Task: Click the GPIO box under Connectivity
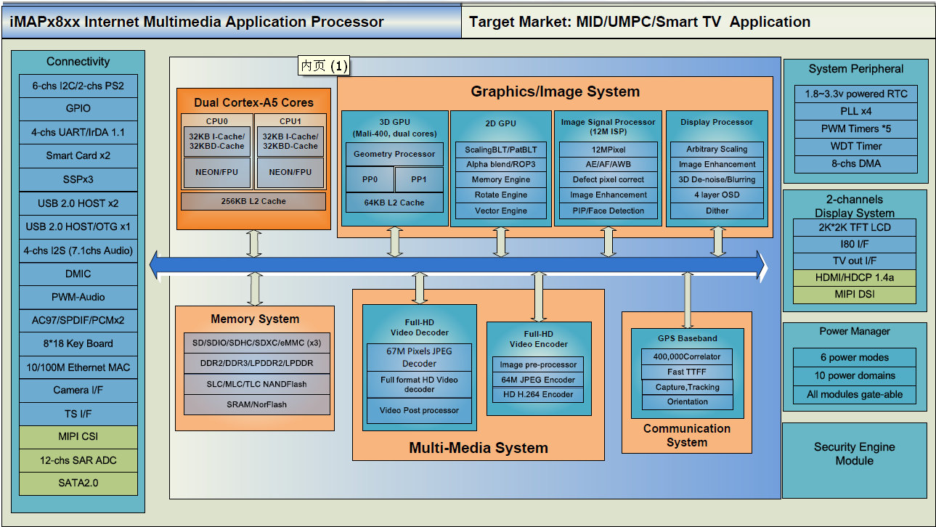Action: (x=78, y=109)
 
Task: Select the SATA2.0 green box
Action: (x=78, y=483)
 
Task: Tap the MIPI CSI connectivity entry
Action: (x=78, y=437)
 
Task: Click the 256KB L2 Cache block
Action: (x=253, y=201)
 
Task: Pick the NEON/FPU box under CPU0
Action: (x=216, y=172)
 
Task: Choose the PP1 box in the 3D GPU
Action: (x=419, y=179)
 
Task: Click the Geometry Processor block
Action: (x=394, y=154)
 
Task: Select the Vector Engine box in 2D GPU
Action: (x=500, y=211)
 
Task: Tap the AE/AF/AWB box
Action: (x=609, y=165)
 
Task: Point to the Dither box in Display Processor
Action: (x=717, y=211)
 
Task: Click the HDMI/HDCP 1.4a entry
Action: (x=855, y=278)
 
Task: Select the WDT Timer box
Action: (x=856, y=146)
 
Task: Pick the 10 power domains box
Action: (x=855, y=376)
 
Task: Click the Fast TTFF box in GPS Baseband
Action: (x=687, y=372)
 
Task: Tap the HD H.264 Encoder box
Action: (x=538, y=395)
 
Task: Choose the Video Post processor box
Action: (x=419, y=410)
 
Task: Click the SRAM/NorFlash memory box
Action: (x=256, y=404)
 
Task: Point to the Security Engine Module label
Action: (x=855, y=454)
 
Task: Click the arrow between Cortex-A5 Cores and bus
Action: (x=254, y=243)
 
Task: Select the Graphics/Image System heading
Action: (x=556, y=92)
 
